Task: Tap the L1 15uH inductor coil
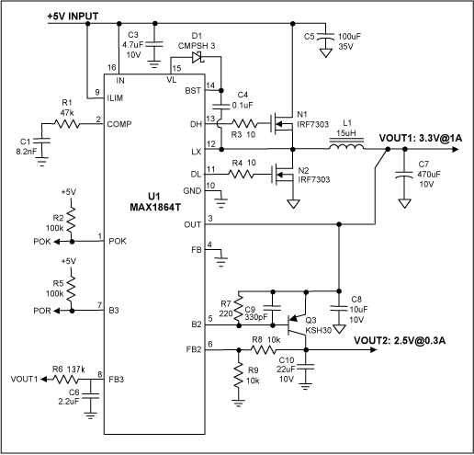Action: [x=344, y=144]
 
